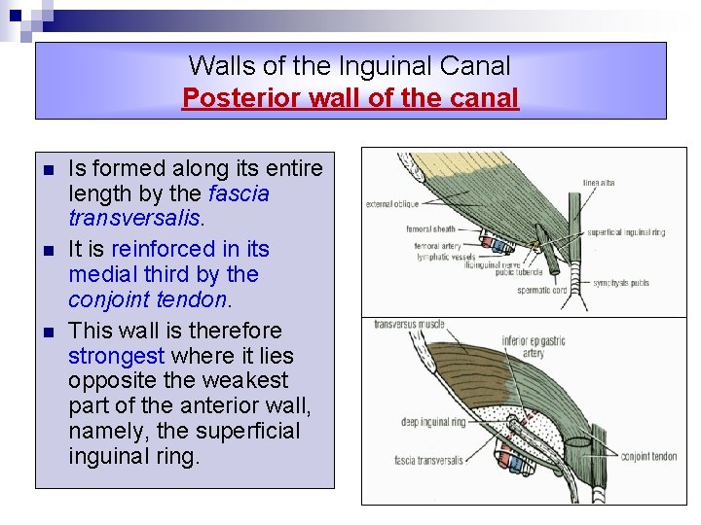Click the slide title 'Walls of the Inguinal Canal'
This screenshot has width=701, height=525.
click(x=350, y=66)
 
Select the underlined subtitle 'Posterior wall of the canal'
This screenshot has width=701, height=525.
click(x=350, y=98)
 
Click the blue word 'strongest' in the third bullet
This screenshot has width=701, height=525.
click(x=116, y=355)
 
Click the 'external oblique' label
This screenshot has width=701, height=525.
click(x=392, y=204)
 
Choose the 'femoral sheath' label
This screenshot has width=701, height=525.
click(x=429, y=230)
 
